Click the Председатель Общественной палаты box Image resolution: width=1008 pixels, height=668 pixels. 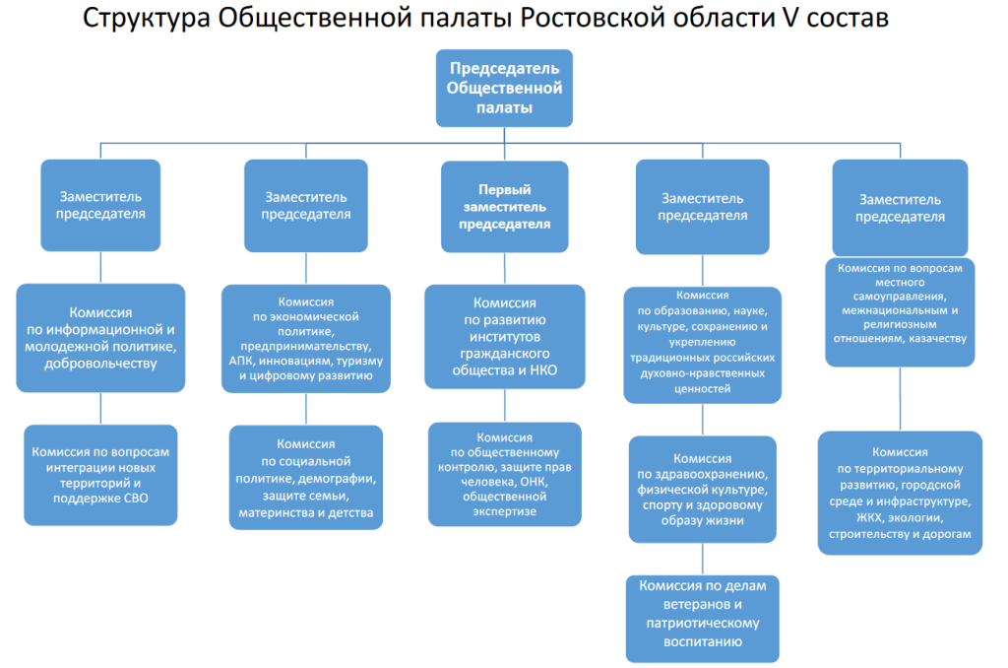(x=504, y=88)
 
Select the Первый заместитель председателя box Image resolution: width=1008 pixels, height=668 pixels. (x=505, y=207)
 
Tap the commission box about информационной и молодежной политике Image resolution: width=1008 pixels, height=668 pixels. (x=101, y=338)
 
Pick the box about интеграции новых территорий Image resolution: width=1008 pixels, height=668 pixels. (x=101, y=475)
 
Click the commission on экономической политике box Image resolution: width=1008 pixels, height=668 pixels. (x=306, y=339)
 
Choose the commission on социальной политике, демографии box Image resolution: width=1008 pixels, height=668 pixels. (x=306, y=478)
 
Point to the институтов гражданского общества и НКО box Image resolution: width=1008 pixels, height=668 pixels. (x=505, y=337)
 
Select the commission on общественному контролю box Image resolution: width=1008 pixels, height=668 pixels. (x=505, y=474)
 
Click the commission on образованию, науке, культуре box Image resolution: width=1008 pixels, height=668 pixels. (x=703, y=345)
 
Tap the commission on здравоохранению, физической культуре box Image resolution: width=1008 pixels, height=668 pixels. (x=703, y=489)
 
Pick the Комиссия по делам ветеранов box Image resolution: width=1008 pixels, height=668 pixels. (x=703, y=619)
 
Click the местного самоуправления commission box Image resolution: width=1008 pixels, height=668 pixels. (x=900, y=312)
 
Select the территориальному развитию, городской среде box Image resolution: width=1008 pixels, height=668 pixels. (x=900, y=493)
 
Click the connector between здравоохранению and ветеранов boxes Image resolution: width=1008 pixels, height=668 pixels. (x=703, y=559)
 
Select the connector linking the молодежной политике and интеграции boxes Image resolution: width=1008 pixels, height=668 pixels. (x=101, y=408)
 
